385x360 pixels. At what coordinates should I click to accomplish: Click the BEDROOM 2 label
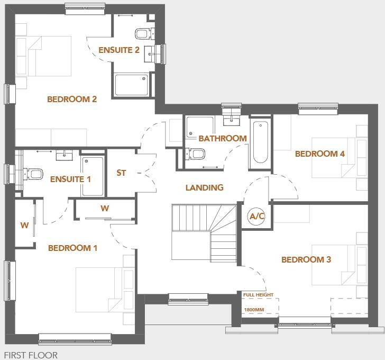72,99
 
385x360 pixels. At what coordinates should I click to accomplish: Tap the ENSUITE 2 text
119,50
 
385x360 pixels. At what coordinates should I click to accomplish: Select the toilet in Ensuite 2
142,34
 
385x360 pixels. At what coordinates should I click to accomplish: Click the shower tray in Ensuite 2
132,85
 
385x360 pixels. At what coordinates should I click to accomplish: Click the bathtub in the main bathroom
260,142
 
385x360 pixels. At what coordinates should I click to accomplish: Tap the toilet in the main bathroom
197,154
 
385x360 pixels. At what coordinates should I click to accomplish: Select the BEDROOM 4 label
319,154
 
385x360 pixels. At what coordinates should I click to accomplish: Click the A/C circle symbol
256,217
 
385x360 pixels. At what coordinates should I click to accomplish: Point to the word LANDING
204,187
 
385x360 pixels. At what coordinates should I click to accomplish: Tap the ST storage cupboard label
121,173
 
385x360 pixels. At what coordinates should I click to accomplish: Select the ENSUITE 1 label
70,179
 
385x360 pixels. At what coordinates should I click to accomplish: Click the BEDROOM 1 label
72,248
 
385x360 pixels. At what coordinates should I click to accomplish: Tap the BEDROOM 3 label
306,259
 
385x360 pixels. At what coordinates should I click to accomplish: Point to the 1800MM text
254,310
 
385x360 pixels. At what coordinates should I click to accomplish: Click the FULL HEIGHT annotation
258,295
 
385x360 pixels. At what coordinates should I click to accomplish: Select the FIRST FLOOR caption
31,355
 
